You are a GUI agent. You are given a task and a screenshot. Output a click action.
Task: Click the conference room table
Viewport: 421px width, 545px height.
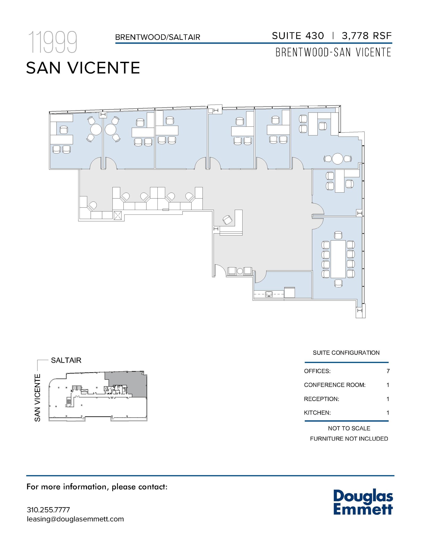tap(338, 259)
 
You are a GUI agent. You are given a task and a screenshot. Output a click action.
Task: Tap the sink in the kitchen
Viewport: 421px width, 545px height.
tap(269, 294)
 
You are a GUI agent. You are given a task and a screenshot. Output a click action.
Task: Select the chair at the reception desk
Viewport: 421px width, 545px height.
tap(227, 220)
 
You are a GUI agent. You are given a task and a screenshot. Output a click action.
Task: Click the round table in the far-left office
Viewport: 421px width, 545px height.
tap(96, 130)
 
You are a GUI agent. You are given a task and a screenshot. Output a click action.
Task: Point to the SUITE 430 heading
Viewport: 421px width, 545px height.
tap(298, 36)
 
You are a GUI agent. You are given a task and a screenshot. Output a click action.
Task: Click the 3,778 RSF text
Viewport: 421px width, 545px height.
tap(367, 36)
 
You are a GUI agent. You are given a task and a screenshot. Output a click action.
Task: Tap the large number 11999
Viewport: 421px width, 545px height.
tap(52, 42)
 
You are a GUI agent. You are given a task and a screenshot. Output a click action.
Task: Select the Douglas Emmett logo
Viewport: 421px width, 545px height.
tap(363, 503)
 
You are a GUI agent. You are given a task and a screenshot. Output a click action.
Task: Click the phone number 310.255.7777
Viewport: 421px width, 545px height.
tap(48, 510)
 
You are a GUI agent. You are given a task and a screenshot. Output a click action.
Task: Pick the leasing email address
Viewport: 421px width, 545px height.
tap(75, 519)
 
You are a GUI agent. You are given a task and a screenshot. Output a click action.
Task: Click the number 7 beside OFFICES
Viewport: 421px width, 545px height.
tap(388, 371)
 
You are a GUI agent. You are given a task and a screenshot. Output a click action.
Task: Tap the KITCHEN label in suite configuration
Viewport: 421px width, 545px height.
tap(317, 413)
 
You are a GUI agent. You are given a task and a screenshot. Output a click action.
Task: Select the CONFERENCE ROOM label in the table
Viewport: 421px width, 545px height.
tap(335, 385)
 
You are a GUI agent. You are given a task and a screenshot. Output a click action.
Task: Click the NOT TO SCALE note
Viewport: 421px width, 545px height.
tap(349, 428)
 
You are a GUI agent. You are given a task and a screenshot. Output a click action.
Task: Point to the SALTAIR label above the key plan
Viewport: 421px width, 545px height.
tap(66, 360)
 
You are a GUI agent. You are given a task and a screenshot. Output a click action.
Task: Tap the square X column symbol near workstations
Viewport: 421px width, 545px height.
tap(117, 215)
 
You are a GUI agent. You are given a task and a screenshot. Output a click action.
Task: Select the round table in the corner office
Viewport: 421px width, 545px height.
tap(338, 159)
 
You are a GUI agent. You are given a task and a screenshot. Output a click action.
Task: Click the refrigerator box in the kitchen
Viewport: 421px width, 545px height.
tap(289, 292)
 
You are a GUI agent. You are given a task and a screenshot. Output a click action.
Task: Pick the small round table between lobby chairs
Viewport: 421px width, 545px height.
tap(240, 271)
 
